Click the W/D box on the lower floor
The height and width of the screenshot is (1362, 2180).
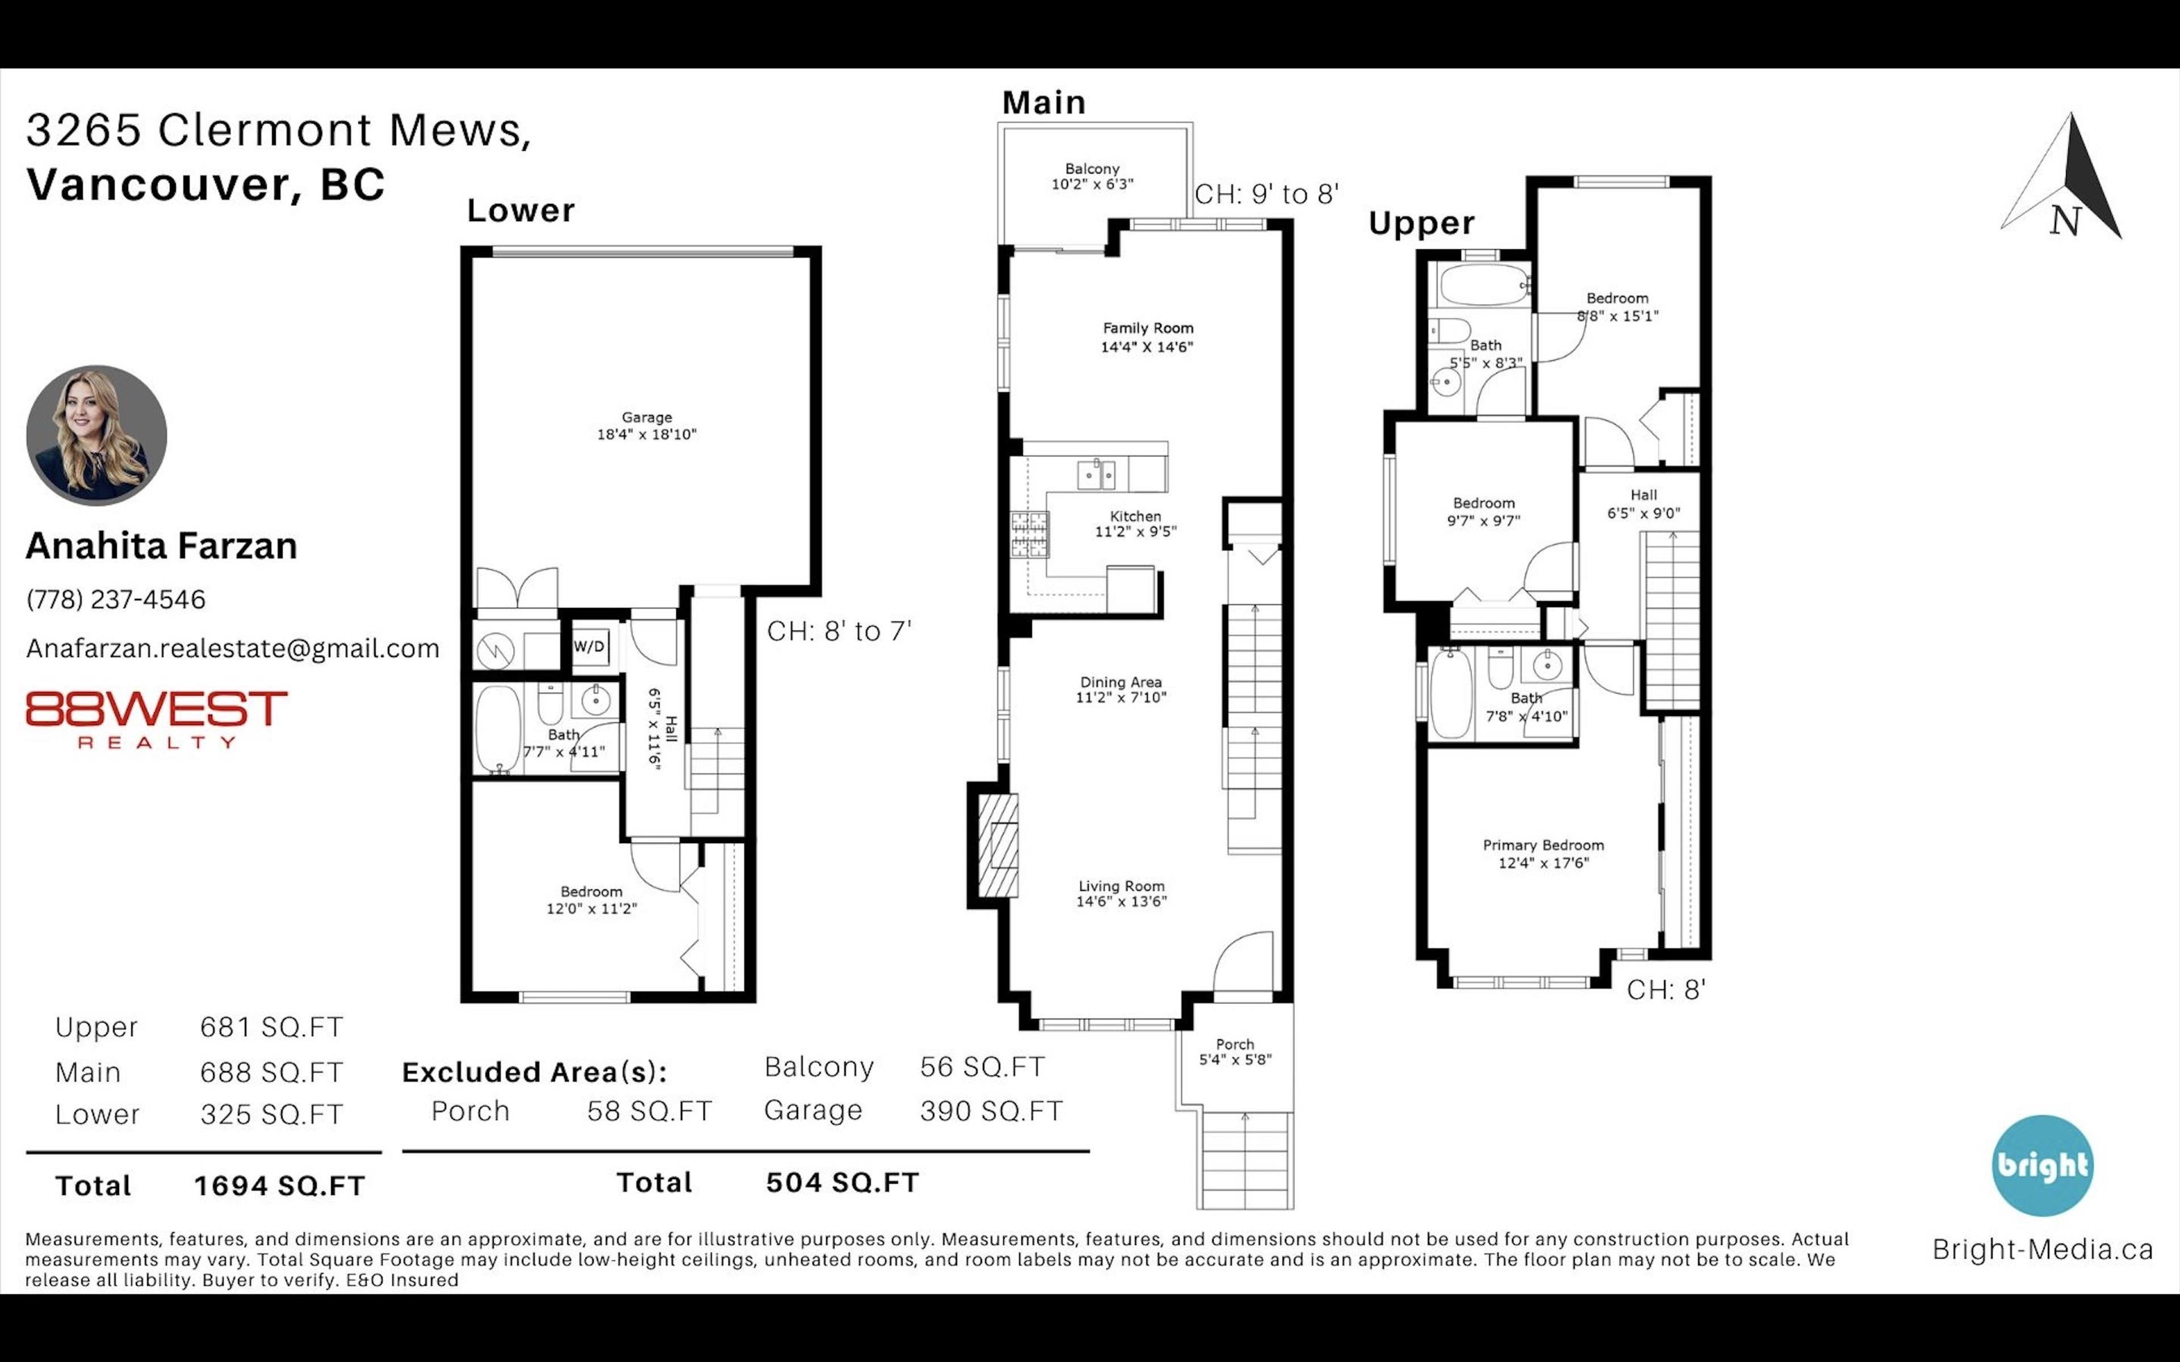(590, 646)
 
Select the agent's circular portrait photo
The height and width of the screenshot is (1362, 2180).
(97, 435)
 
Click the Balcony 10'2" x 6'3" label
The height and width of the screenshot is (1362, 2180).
(1092, 176)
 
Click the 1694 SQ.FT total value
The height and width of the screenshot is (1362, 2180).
(279, 1186)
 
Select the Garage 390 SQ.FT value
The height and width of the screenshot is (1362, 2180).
(991, 1111)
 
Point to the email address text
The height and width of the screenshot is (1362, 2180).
(232, 649)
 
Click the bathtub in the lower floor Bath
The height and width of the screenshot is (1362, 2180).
(497, 728)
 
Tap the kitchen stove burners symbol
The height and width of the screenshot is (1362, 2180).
(1030, 534)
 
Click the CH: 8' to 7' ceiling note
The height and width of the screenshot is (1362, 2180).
(839, 630)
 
